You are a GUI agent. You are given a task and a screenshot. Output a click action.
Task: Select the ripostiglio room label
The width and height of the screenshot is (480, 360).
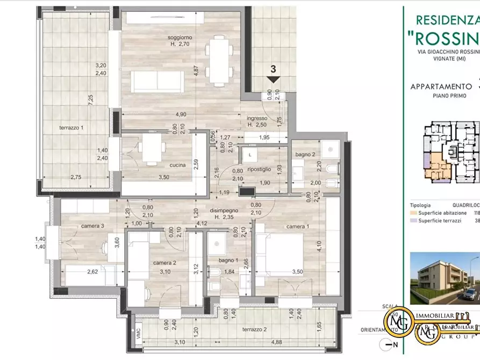point(259,170)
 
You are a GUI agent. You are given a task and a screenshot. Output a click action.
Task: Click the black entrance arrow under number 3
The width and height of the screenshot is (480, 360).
point(273,80)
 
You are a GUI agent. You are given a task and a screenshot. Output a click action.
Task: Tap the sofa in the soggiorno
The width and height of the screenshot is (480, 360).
point(158,81)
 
